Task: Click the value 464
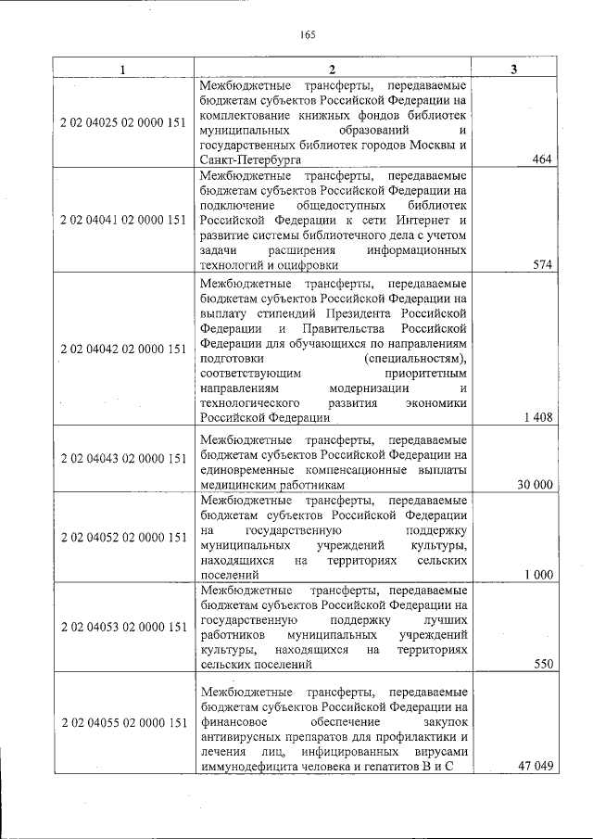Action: tap(542, 159)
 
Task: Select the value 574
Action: tap(542, 264)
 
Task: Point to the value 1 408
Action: tap(537, 417)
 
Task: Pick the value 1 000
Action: tap(537, 575)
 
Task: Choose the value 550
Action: tap(542, 665)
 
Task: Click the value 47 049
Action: tap(535, 765)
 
